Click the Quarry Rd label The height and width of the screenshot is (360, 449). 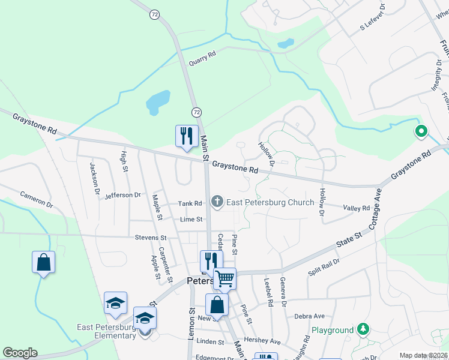coord(202,57)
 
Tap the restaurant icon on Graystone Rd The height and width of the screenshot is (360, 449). coord(187,136)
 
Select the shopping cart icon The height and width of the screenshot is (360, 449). coord(224,278)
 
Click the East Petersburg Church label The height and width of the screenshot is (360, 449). coord(270,202)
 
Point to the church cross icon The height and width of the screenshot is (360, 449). coord(217,202)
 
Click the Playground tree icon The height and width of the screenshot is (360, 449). coord(363,329)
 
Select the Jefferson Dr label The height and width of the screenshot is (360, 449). coord(122,195)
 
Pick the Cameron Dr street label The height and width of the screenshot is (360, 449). coord(37,199)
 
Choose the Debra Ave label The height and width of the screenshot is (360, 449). coord(309,316)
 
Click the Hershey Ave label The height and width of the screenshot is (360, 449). coord(267,341)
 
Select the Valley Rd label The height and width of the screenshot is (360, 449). coord(357,208)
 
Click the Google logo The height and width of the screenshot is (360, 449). coord(20,353)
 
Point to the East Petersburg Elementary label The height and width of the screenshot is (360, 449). coord(106,331)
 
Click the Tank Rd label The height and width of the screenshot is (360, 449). coord(190,203)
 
